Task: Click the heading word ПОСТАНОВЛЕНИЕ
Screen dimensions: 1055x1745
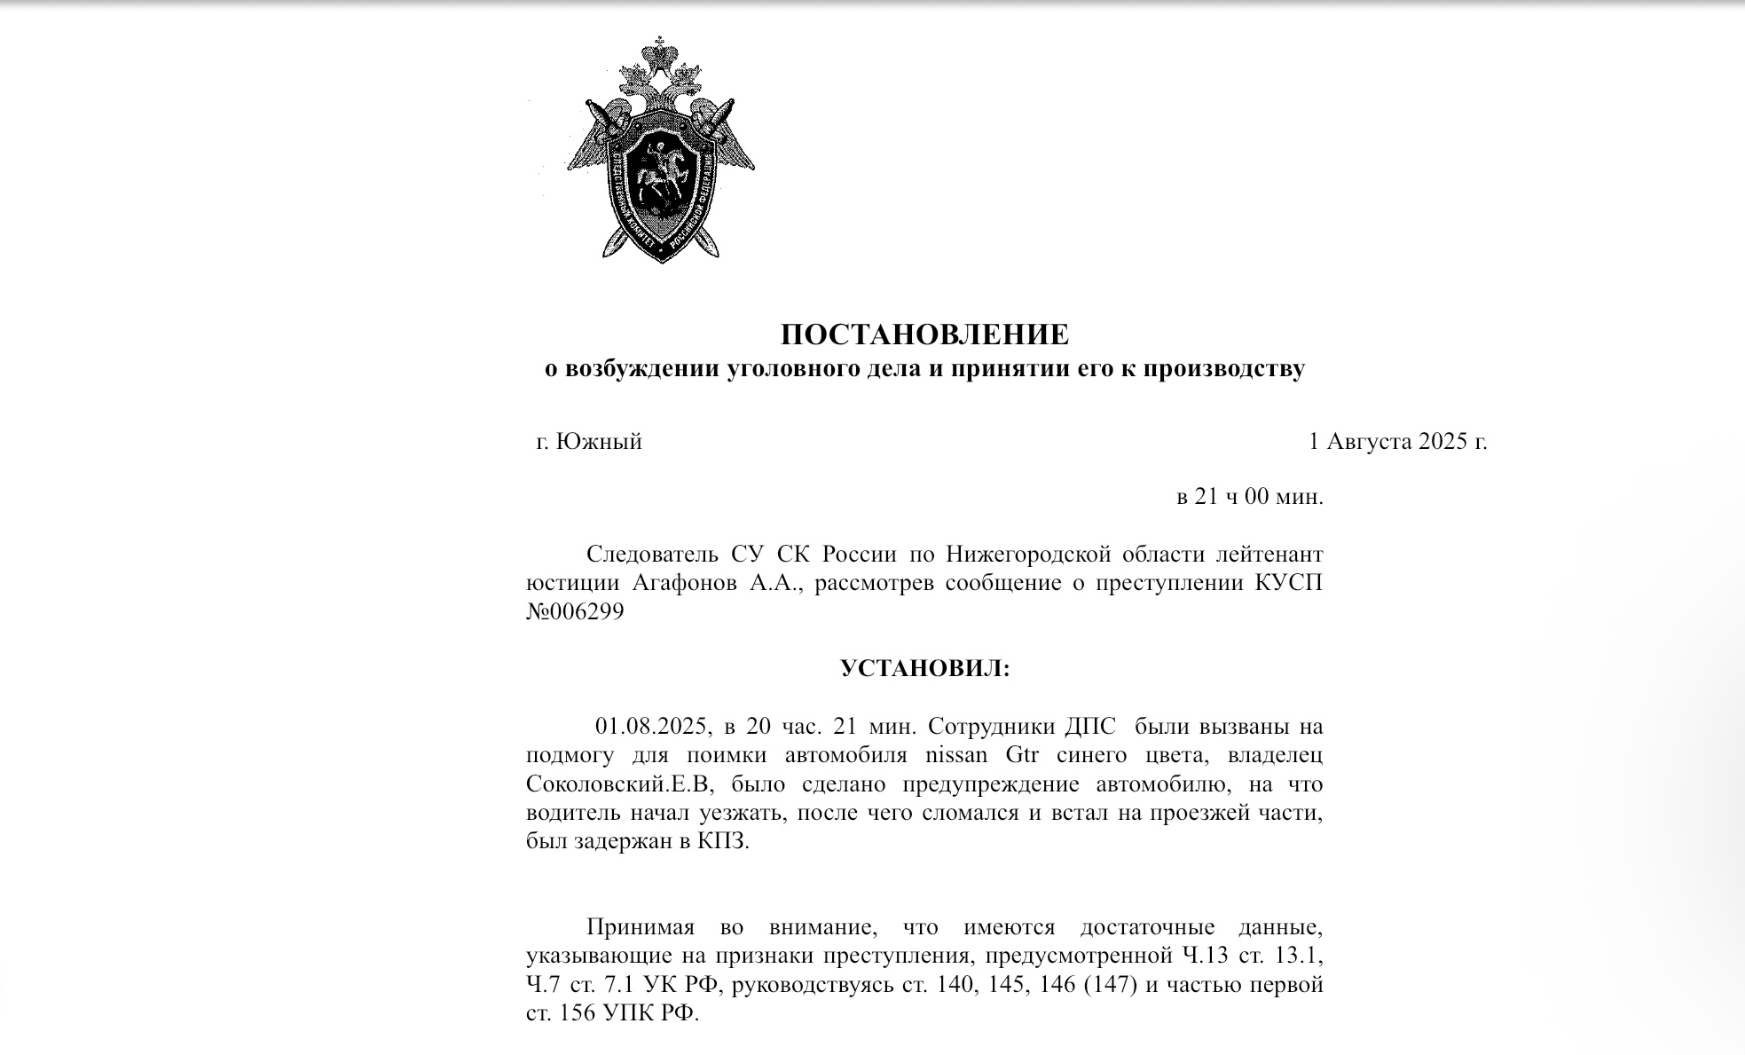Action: click(x=924, y=335)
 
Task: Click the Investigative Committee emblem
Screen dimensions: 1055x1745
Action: click(x=660, y=151)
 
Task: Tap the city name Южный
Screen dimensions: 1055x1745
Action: click(x=599, y=441)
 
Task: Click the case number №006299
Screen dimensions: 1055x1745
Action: click(x=575, y=611)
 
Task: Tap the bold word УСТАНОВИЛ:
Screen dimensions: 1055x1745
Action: click(x=924, y=668)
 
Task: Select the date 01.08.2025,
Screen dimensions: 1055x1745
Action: click(x=654, y=726)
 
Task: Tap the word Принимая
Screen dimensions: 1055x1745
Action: click(x=640, y=928)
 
